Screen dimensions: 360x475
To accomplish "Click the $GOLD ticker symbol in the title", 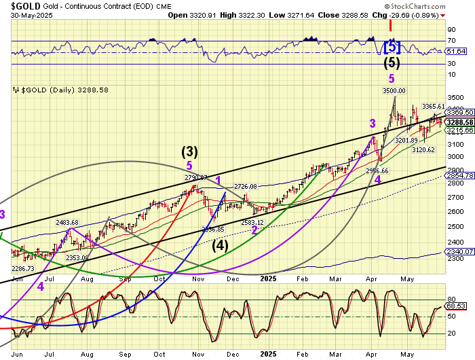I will point(21,5).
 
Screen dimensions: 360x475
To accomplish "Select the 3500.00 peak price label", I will point(394,90).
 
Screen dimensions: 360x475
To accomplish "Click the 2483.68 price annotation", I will point(67,223).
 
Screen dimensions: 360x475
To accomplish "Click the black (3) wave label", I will point(189,151).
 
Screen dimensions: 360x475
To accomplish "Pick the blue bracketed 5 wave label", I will point(392,48).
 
